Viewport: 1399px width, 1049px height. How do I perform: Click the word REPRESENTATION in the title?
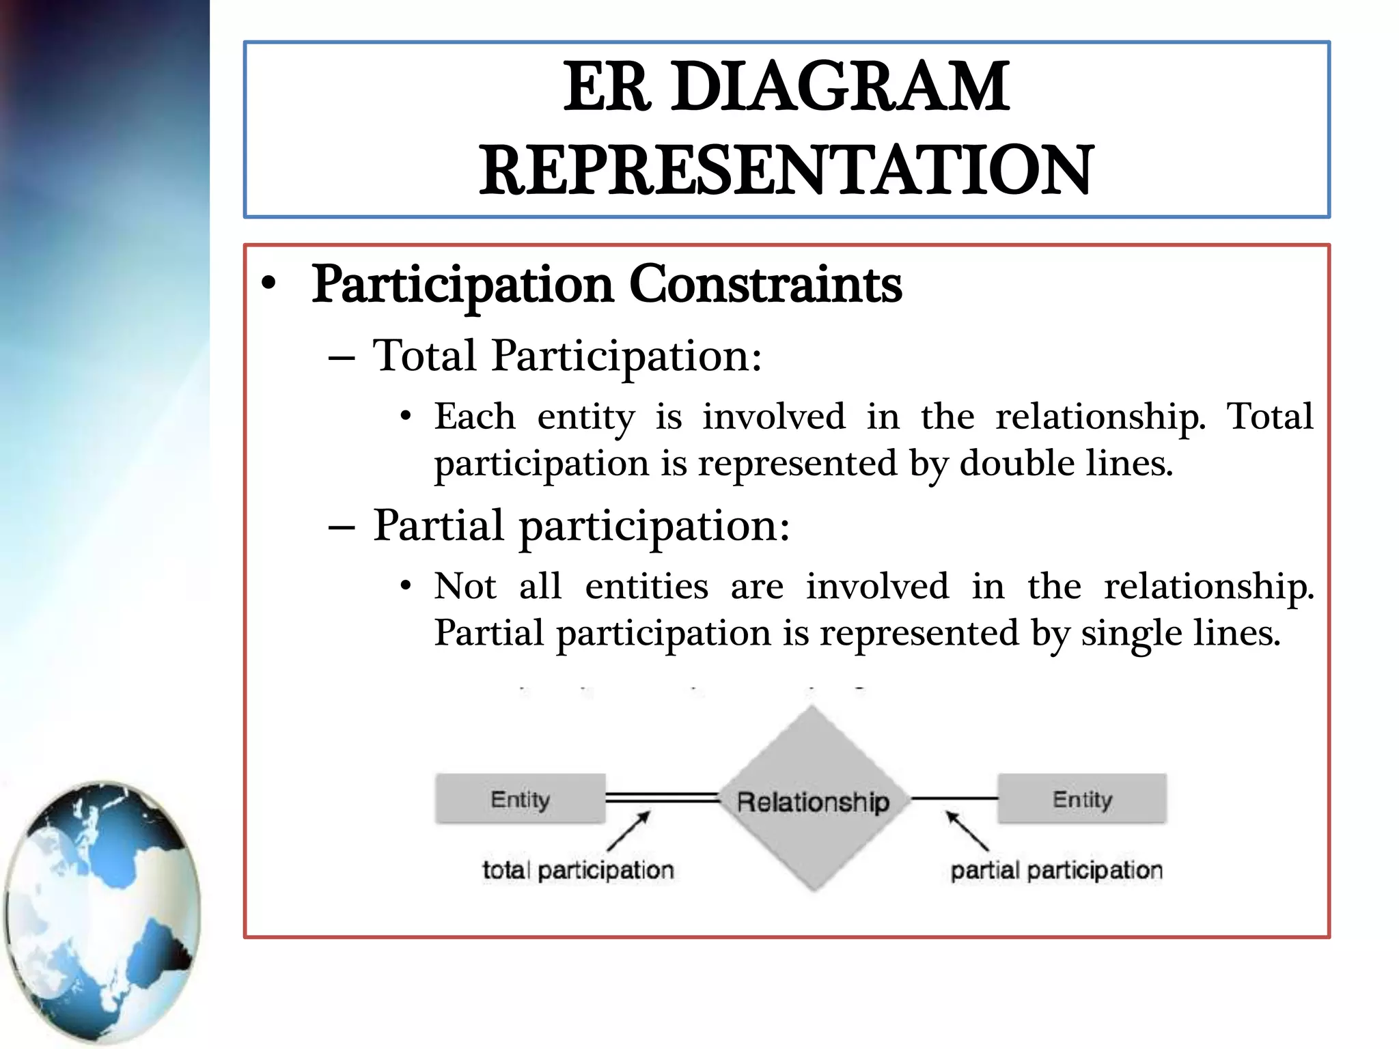click(x=786, y=170)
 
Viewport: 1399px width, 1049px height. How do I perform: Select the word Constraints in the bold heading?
click(x=765, y=284)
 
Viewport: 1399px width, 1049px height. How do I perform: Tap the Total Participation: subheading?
click(x=567, y=356)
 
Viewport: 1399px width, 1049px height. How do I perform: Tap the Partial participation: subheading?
click(x=581, y=525)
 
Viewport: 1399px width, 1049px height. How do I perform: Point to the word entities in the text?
click(x=646, y=587)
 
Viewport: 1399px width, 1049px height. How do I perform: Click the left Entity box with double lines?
click(x=520, y=798)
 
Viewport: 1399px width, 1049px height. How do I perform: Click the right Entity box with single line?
click(x=1082, y=798)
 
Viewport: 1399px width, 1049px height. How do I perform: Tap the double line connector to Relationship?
click(x=661, y=798)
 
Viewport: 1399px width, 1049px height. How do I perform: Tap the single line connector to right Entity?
click(x=954, y=798)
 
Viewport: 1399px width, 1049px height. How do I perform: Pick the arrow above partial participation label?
click(x=967, y=830)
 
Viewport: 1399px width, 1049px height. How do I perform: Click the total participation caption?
click(x=578, y=870)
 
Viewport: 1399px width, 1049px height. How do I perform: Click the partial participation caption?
click(x=1056, y=870)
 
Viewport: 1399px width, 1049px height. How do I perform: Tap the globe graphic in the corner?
click(x=102, y=912)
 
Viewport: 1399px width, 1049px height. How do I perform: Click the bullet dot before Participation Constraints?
click(x=269, y=284)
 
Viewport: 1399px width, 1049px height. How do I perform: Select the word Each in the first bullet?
click(x=475, y=417)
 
